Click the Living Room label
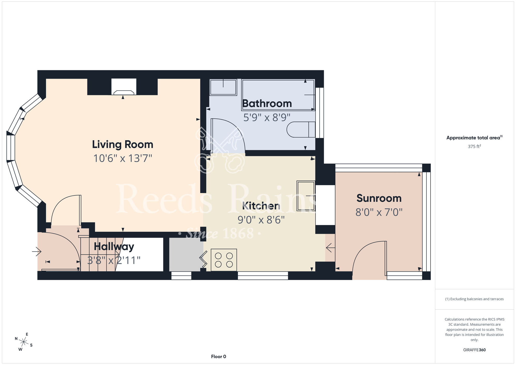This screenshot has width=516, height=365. pos(123,144)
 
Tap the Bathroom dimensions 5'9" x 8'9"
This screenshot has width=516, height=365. pos(267,117)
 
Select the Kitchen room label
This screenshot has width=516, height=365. pos(261,206)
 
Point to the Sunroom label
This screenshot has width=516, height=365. pos(379,198)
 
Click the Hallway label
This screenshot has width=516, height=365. pos(114,247)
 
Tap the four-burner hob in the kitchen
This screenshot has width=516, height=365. pos(224,260)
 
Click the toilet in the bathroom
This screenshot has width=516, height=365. pos(301,129)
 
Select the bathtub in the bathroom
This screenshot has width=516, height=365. pos(278,95)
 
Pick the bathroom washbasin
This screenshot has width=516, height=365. pos(223,88)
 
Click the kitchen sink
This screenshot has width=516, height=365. pos(306,196)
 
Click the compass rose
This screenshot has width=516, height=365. pos(24,342)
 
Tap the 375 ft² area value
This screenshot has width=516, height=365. pos(474,146)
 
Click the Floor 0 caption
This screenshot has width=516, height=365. pos(219,356)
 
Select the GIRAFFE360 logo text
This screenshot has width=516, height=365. pos(474,350)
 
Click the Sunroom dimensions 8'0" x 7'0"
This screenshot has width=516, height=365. pos(379,212)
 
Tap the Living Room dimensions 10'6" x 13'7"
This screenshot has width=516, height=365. pos(123,158)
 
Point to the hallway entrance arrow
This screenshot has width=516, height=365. pos(37,251)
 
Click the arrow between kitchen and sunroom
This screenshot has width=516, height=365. pos(330,248)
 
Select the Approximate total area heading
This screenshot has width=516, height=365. pos(474,138)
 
